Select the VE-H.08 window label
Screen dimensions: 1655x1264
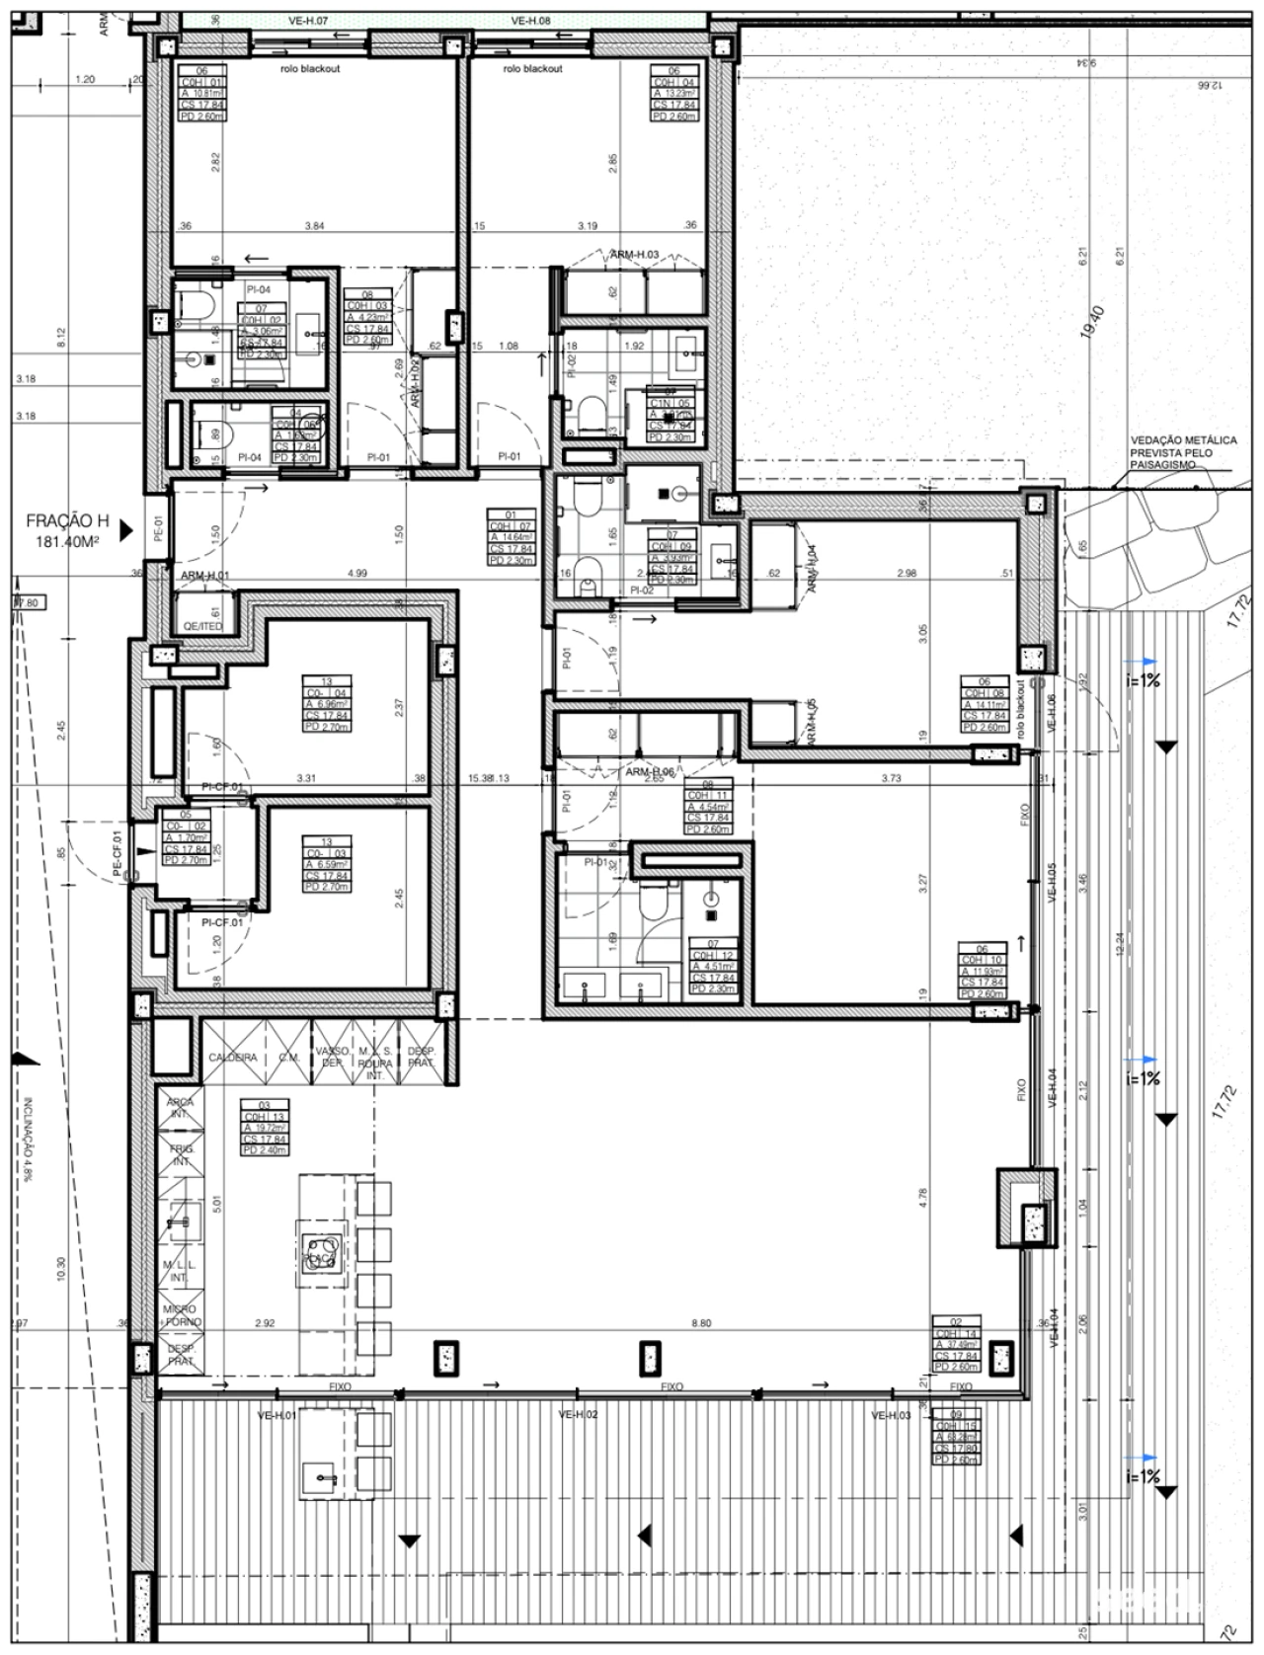click(x=531, y=20)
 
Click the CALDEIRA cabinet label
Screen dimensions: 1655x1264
click(x=233, y=1057)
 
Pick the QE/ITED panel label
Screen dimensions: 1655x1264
click(x=204, y=626)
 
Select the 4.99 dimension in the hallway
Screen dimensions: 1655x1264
click(x=357, y=574)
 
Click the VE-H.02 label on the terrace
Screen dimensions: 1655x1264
click(x=579, y=1414)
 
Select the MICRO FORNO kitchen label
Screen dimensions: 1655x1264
click(x=183, y=1315)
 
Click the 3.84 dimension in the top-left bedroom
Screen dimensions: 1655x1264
click(x=314, y=226)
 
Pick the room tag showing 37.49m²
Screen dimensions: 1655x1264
click(x=957, y=1344)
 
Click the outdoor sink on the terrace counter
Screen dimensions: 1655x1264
click(x=323, y=1477)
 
